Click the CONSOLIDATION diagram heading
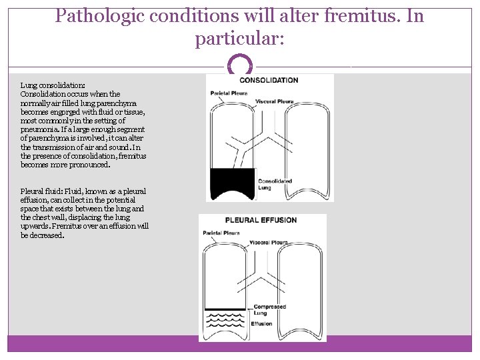click(269, 80)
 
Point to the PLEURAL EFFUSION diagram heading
click(261, 220)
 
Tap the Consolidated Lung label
click(275, 184)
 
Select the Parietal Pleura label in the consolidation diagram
click(229, 93)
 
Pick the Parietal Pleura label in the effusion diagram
click(221, 233)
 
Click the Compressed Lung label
click(269, 309)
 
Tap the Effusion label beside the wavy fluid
click(261, 324)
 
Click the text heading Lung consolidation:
click(53, 85)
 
